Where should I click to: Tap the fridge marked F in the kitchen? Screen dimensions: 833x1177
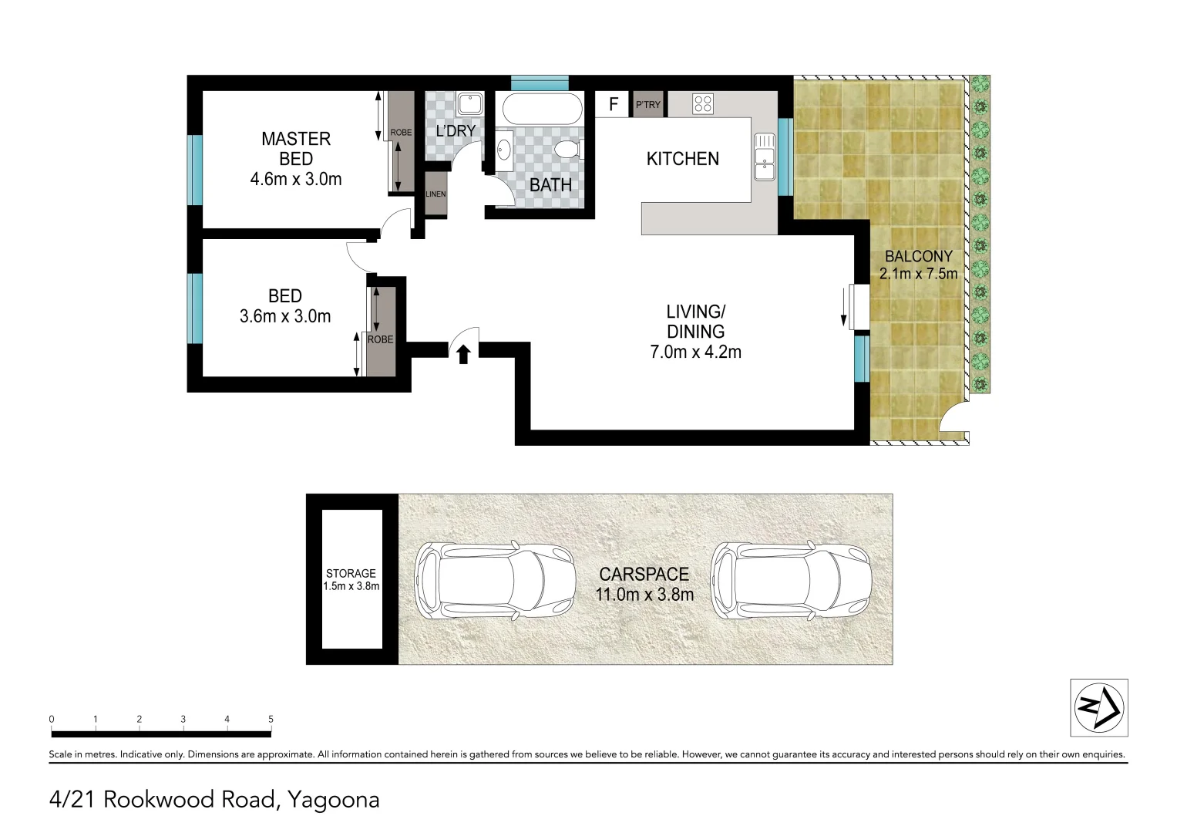pos(614,104)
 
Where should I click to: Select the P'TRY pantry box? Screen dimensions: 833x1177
pos(648,104)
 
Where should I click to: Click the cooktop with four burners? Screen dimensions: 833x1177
pos(702,103)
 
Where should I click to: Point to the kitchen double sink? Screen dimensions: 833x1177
pos(764,156)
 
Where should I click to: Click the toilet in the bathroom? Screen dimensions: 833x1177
pos(568,149)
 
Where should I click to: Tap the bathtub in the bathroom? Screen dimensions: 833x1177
pos(542,109)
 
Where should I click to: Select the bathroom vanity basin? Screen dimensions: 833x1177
pos(503,150)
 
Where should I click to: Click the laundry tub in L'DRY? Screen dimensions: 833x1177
pos(469,103)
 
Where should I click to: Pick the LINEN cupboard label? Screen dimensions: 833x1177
pos(435,194)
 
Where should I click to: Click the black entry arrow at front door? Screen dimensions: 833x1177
pos(463,354)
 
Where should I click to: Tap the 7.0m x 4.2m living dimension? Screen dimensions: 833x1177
pos(695,352)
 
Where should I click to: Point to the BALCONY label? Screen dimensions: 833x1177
pos(918,256)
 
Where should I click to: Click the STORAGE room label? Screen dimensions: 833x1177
pos(351,573)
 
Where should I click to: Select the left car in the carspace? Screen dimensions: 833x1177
pos(495,579)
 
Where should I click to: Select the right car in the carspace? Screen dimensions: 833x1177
pos(791,579)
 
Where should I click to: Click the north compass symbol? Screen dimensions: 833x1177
pos(1098,707)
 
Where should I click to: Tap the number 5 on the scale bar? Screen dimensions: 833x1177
pos(271,719)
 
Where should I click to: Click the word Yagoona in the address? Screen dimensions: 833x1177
pos(333,800)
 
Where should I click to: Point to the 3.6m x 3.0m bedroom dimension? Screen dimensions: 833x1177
pos(285,316)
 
